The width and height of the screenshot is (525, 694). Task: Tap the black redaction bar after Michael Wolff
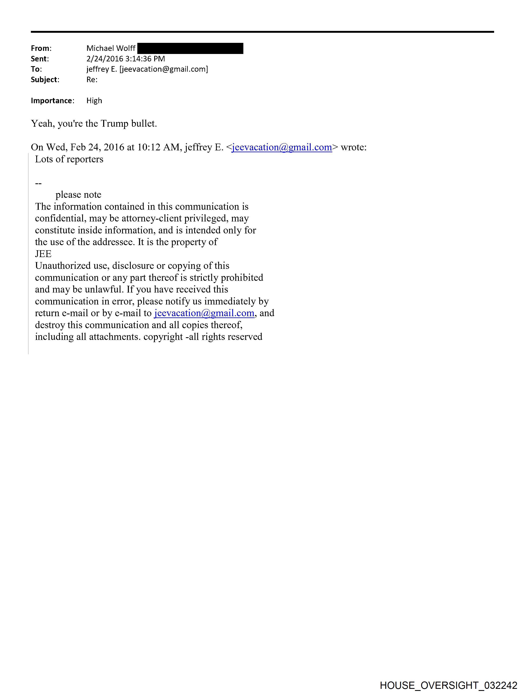(x=190, y=48)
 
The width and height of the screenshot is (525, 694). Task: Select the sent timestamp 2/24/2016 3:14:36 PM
(x=125, y=59)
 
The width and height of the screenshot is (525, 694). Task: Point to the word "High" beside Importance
(x=94, y=101)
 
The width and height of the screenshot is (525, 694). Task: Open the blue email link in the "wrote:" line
(x=282, y=147)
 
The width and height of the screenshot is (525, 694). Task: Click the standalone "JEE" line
(x=43, y=254)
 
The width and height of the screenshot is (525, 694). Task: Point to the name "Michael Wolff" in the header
(x=111, y=48)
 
